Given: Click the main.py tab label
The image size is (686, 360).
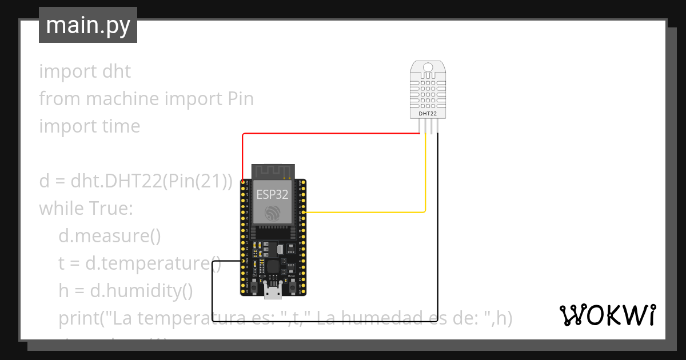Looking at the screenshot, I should [87, 25].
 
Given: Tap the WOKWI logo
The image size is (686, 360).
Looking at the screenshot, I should [607, 315].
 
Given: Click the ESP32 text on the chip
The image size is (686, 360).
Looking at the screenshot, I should [272, 193].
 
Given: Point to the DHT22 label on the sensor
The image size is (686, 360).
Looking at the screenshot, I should [428, 114].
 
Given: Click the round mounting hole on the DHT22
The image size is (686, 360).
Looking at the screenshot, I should [428, 69].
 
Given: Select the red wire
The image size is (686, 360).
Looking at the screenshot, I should [332, 134].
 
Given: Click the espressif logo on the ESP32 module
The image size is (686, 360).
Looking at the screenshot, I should [273, 214].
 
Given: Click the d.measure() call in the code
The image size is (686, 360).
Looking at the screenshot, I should [110, 235].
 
